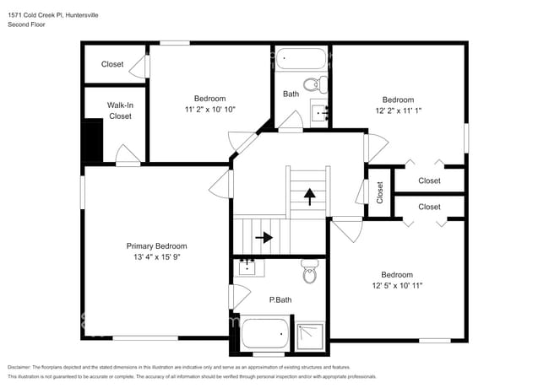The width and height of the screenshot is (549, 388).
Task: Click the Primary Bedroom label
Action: pos(156,245)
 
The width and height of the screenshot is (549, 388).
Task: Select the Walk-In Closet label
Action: pos(120,110)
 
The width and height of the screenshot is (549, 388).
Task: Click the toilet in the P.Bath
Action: pos(310,273)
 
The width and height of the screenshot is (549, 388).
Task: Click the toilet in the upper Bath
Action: pos(314,84)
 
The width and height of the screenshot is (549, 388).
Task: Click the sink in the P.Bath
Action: pos(247,268)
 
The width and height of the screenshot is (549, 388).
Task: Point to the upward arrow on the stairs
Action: pos(310,197)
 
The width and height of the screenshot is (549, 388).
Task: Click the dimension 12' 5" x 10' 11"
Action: pos(396,286)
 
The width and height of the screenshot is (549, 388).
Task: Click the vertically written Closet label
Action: pos(380,193)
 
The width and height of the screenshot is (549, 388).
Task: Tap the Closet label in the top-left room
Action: pos(112,64)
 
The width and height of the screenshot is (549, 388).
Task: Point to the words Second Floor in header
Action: pos(27,24)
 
